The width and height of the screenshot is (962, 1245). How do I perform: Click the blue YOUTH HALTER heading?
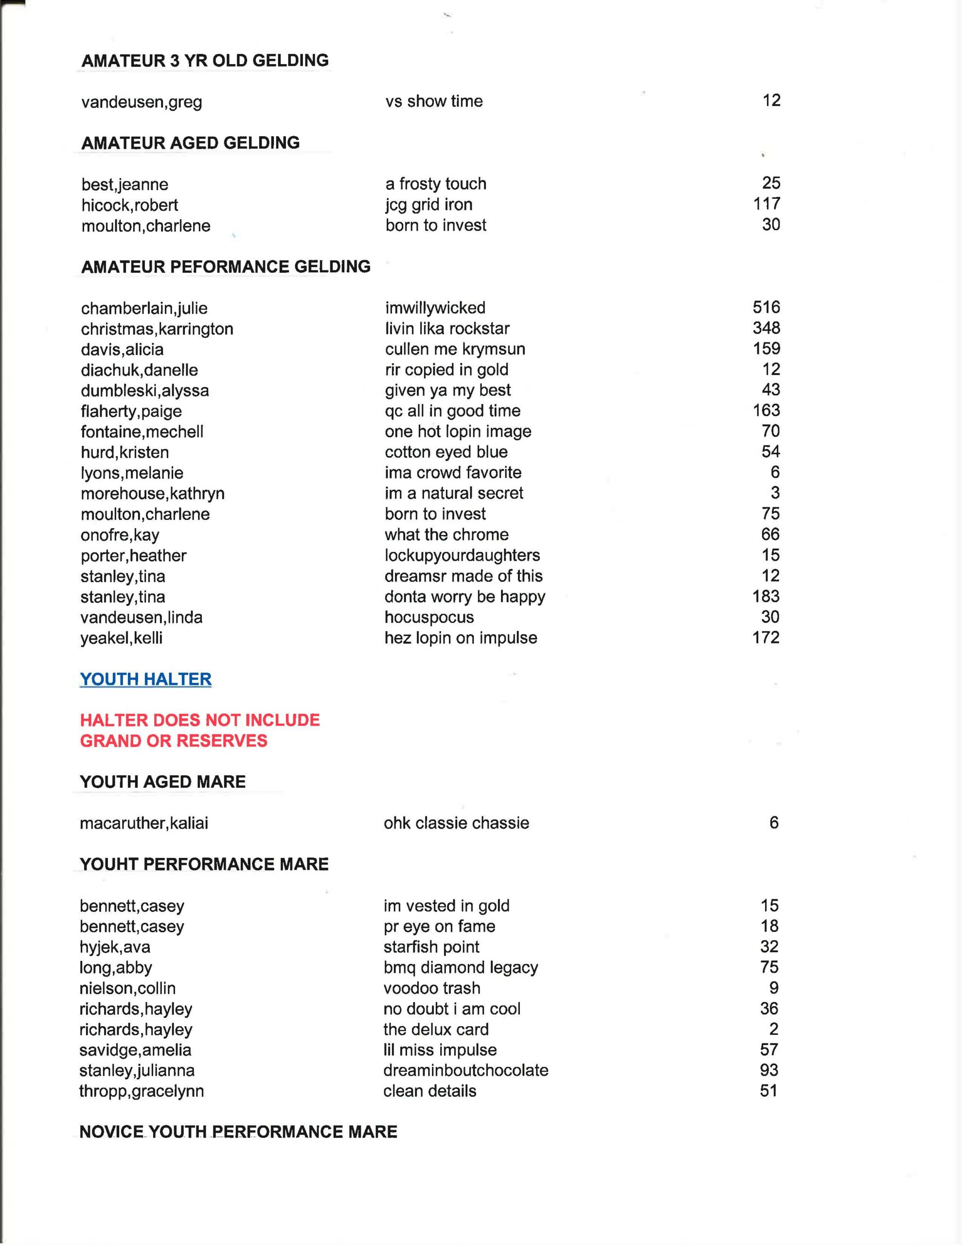tap(145, 679)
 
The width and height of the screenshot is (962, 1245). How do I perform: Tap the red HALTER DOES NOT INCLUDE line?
tap(199, 720)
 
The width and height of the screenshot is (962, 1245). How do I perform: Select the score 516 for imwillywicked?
tap(766, 307)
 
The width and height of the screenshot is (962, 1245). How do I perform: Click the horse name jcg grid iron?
tap(429, 204)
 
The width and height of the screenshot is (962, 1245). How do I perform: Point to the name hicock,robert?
tap(129, 205)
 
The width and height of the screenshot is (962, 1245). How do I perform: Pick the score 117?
tap(766, 203)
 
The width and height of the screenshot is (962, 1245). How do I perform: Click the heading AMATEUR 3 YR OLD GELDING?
tap(205, 60)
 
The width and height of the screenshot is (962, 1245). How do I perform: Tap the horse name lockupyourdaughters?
tap(462, 555)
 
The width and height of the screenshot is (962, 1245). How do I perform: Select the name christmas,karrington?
tap(157, 329)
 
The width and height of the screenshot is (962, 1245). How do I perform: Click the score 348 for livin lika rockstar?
tap(766, 328)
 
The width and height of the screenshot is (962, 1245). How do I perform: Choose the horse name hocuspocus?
tap(429, 617)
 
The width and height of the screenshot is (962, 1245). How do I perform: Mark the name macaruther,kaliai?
tap(143, 823)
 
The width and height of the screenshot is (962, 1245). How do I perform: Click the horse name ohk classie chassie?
tap(456, 822)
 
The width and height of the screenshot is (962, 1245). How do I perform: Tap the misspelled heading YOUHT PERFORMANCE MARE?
tap(204, 864)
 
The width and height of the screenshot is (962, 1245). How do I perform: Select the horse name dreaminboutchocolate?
tap(465, 1070)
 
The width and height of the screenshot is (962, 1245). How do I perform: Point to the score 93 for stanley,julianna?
tap(769, 1070)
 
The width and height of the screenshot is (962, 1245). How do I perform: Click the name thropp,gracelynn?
tap(142, 1091)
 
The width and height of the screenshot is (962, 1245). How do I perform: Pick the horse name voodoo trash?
tap(432, 988)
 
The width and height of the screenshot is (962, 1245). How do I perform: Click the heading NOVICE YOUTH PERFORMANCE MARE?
tap(238, 1132)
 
